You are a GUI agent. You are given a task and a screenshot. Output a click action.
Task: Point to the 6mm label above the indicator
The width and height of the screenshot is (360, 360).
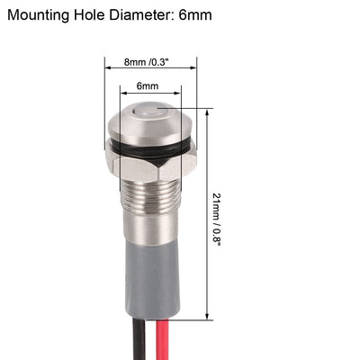coord(148,85)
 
